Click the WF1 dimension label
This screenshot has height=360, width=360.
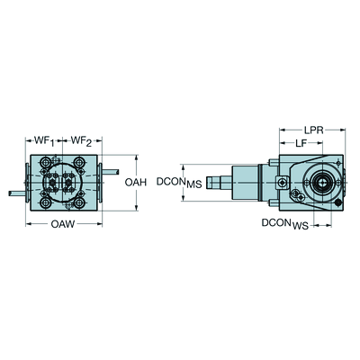(44, 141)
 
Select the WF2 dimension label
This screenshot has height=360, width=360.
(81, 141)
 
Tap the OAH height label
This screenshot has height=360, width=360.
(136, 182)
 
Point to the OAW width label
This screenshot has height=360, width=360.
(63, 224)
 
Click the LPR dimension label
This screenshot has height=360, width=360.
(313, 130)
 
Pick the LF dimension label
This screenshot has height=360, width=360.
(301, 143)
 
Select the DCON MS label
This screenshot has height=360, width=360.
(179, 182)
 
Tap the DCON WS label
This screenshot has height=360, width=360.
(285, 224)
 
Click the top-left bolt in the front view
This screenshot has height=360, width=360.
(46, 163)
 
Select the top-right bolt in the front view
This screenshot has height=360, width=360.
(79, 163)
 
